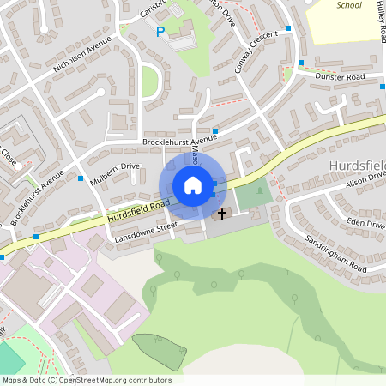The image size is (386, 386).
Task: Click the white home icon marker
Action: tap(192, 185)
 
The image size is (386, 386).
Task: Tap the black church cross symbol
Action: tap(222, 213)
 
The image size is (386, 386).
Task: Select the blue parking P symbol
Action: tap(160, 32)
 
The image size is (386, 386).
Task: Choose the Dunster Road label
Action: tap(341, 77)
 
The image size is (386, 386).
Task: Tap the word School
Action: tap(349, 5)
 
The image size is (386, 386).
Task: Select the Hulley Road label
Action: tap(379, 21)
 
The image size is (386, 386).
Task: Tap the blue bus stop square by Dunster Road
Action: tap(300, 63)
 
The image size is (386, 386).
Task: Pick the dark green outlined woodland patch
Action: tap(160, 352)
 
